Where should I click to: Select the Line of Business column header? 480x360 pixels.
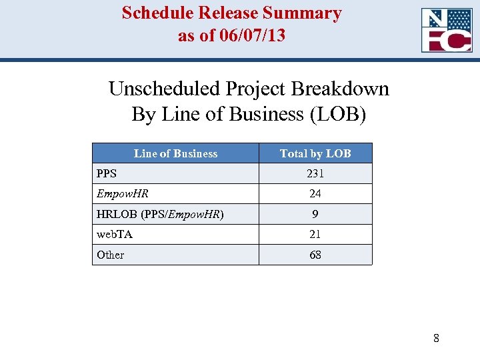[x=175, y=153]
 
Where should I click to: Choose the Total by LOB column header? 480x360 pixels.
[x=315, y=153]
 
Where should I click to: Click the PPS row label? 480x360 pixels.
[x=107, y=173]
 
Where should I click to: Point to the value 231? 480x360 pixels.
[x=315, y=173]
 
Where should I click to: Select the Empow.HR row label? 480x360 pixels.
[x=123, y=194]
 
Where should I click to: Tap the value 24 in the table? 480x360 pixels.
[x=315, y=194]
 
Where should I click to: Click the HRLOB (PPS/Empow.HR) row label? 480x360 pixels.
[x=160, y=215]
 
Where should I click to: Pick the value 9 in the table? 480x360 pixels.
[x=315, y=215]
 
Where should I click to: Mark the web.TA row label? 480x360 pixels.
[x=115, y=235]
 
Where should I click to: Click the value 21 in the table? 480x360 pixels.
[x=315, y=235]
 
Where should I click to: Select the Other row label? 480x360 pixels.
[x=111, y=255]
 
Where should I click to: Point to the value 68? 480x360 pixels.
[x=315, y=255]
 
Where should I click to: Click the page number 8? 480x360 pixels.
[x=436, y=338]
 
